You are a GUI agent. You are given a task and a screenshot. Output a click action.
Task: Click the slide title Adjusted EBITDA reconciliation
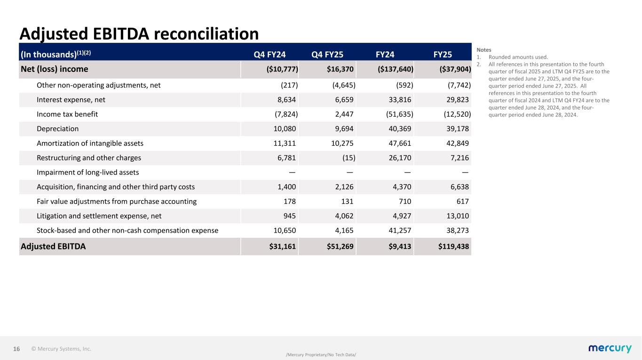pos(139,33)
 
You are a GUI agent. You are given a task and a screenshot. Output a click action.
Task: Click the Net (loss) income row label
pos(55,69)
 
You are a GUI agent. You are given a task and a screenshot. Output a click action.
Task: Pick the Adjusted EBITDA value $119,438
pos(451,246)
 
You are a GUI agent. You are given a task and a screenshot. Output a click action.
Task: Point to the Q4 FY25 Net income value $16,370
pos(341,69)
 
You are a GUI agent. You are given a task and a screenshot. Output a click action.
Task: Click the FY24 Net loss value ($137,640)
pos(396,69)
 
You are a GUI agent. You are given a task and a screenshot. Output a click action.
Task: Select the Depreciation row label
pos(57,129)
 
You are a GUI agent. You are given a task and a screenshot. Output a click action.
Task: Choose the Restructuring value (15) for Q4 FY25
pos(348,158)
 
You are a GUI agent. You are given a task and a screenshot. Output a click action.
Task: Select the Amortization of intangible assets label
pos(90,143)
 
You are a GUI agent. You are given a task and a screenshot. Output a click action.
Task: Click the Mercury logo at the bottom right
pos(610,348)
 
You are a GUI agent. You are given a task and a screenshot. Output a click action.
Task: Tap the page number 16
pos(16,349)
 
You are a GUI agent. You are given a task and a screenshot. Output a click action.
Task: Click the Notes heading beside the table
pos(483,49)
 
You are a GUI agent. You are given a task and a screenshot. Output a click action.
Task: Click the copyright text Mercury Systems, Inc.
pos(61,349)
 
